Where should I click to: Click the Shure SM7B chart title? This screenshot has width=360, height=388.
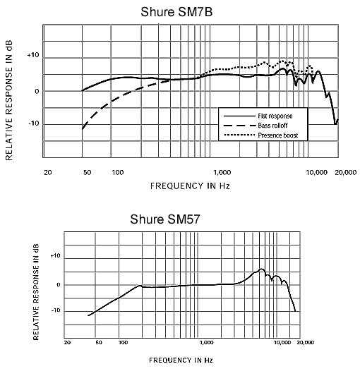click(x=176, y=12)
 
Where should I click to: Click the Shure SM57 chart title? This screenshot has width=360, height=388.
click(x=165, y=219)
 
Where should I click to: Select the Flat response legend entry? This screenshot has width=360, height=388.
click(x=258, y=116)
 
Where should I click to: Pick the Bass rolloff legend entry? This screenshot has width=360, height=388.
click(x=256, y=126)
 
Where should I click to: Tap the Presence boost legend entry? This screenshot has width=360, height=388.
click(x=260, y=135)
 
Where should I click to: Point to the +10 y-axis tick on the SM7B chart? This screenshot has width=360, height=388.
click(x=33, y=55)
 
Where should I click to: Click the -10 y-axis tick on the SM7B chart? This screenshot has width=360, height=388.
click(x=34, y=123)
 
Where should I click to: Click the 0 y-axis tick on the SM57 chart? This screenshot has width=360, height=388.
click(x=58, y=285)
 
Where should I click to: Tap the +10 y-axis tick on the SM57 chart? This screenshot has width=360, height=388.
click(x=55, y=255)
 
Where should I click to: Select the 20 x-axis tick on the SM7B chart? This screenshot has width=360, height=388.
click(x=48, y=172)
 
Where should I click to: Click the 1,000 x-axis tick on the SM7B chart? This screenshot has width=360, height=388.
click(x=222, y=172)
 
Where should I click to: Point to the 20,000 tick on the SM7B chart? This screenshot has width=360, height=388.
click(x=346, y=172)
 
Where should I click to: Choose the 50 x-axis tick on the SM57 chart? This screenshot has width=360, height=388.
click(x=99, y=342)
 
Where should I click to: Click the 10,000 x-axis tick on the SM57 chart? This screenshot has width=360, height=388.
click(x=282, y=342)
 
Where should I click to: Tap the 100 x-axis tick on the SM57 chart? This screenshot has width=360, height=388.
click(x=123, y=342)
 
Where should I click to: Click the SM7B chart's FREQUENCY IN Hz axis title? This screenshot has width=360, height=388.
click(x=190, y=186)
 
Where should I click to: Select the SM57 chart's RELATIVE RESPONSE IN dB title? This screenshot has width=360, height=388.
click(x=36, y=292)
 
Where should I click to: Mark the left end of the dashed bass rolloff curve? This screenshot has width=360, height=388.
click(x=82, y=129)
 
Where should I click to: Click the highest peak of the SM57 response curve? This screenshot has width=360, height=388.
click(x=261, y=269)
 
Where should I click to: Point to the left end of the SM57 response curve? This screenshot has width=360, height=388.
click(x=88, y=315)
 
